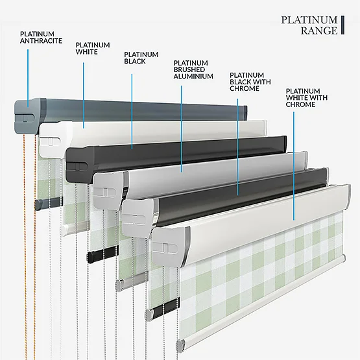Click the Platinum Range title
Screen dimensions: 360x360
[309, 25]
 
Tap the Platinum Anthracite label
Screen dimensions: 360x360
[41, 38]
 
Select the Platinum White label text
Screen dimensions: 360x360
[93, 48]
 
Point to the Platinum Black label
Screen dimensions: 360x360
[141, 58]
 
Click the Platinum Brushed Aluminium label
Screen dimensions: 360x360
[193, 69]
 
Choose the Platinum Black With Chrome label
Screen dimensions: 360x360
[250, 82]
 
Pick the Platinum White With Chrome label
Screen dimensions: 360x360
[307, 97]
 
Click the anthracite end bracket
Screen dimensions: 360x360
[29, 116]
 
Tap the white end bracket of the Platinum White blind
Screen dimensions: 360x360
[54, 139]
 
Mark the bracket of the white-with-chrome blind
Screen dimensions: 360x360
[170, 247]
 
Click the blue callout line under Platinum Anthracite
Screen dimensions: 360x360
[28, 78]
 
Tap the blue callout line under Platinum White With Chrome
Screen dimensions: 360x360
[294, 166]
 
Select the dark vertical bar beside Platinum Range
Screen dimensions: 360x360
[342, 25]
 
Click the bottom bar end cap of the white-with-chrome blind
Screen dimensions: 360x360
[181, 345]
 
